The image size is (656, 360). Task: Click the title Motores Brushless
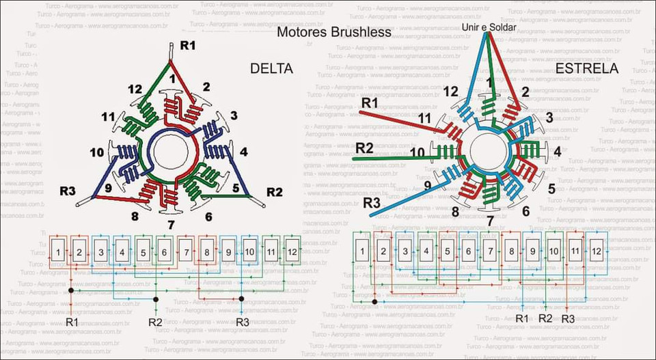pos(333,32)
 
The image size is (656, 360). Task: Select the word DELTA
pos(271,69)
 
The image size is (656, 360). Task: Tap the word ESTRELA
pos(586,69)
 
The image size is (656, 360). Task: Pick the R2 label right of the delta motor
pos(274,191)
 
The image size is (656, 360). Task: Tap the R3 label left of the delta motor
pos(66,191)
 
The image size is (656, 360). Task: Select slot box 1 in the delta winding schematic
pos(59,252)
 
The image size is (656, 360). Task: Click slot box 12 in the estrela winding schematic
pos(596,251)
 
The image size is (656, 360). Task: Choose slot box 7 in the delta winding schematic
pos(185,252)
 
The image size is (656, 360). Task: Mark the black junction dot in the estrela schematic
pos(374,301)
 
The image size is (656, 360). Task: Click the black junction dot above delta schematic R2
pos(156,299)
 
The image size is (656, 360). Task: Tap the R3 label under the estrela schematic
pos(568,318)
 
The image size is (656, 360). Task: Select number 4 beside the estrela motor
pos(557,151)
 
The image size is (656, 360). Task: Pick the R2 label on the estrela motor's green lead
pos(365,148)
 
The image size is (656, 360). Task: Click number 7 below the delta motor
pos(170,225)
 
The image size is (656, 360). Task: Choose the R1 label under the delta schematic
pos(72,321)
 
